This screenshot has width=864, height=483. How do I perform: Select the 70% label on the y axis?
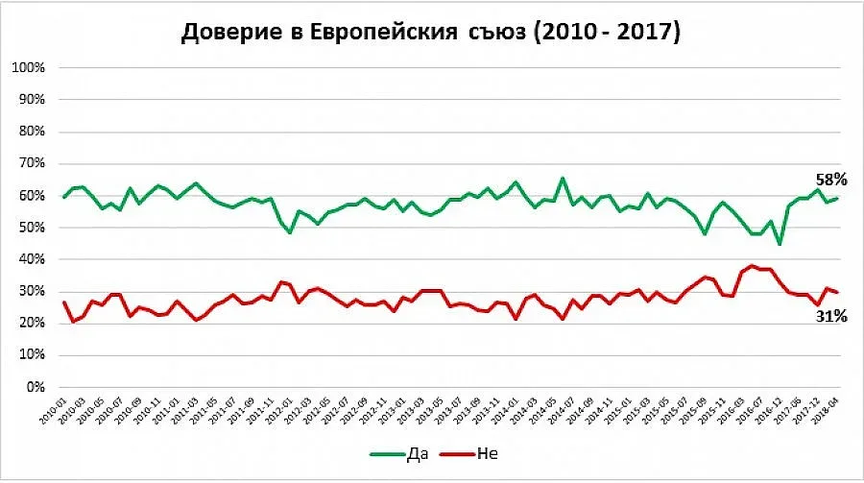30,164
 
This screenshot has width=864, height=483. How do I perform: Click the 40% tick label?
30,259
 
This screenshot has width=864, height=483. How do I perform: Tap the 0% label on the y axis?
34,387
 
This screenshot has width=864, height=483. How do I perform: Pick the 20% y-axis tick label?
30,324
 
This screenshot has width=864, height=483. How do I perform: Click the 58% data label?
830,180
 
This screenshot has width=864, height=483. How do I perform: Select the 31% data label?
830,315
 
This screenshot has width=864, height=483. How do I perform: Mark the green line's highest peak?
563,178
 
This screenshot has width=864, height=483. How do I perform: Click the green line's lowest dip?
780,244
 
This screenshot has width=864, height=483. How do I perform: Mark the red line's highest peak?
753,265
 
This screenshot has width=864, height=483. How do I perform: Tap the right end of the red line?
837,292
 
